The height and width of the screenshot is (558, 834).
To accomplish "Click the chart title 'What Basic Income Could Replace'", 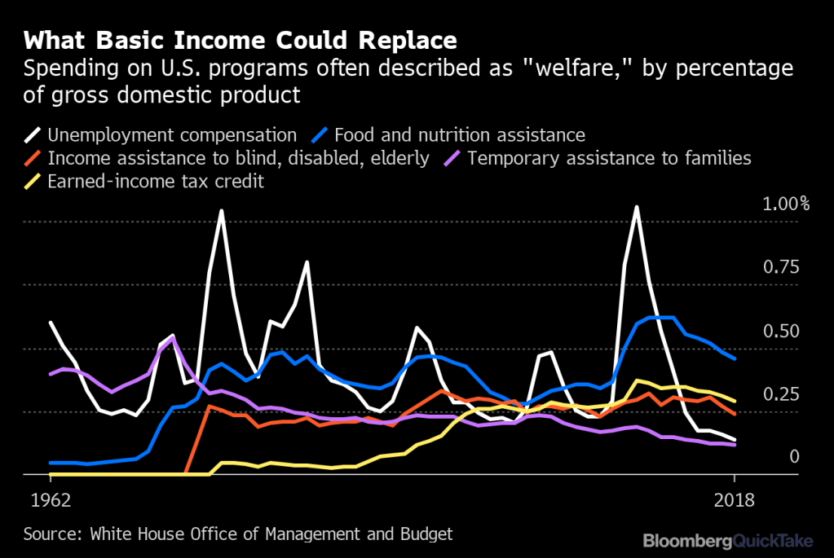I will [x=240, y=40].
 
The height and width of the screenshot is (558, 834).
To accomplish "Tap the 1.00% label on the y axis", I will [x=786, y=204].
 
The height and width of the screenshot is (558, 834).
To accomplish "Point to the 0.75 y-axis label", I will [x=780, y=268].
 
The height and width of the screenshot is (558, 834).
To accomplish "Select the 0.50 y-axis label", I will [x=780, y=332].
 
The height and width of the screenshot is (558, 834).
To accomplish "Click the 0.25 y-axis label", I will [x=780, y=395].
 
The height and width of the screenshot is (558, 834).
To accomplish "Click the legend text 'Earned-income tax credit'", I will [x=156, y=181].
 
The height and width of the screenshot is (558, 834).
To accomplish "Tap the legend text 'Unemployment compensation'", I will [x=172, y=134].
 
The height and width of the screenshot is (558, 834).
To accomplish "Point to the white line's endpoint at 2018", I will [x=735, y=440].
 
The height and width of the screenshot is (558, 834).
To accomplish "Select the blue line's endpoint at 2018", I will [x=735, y=358].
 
